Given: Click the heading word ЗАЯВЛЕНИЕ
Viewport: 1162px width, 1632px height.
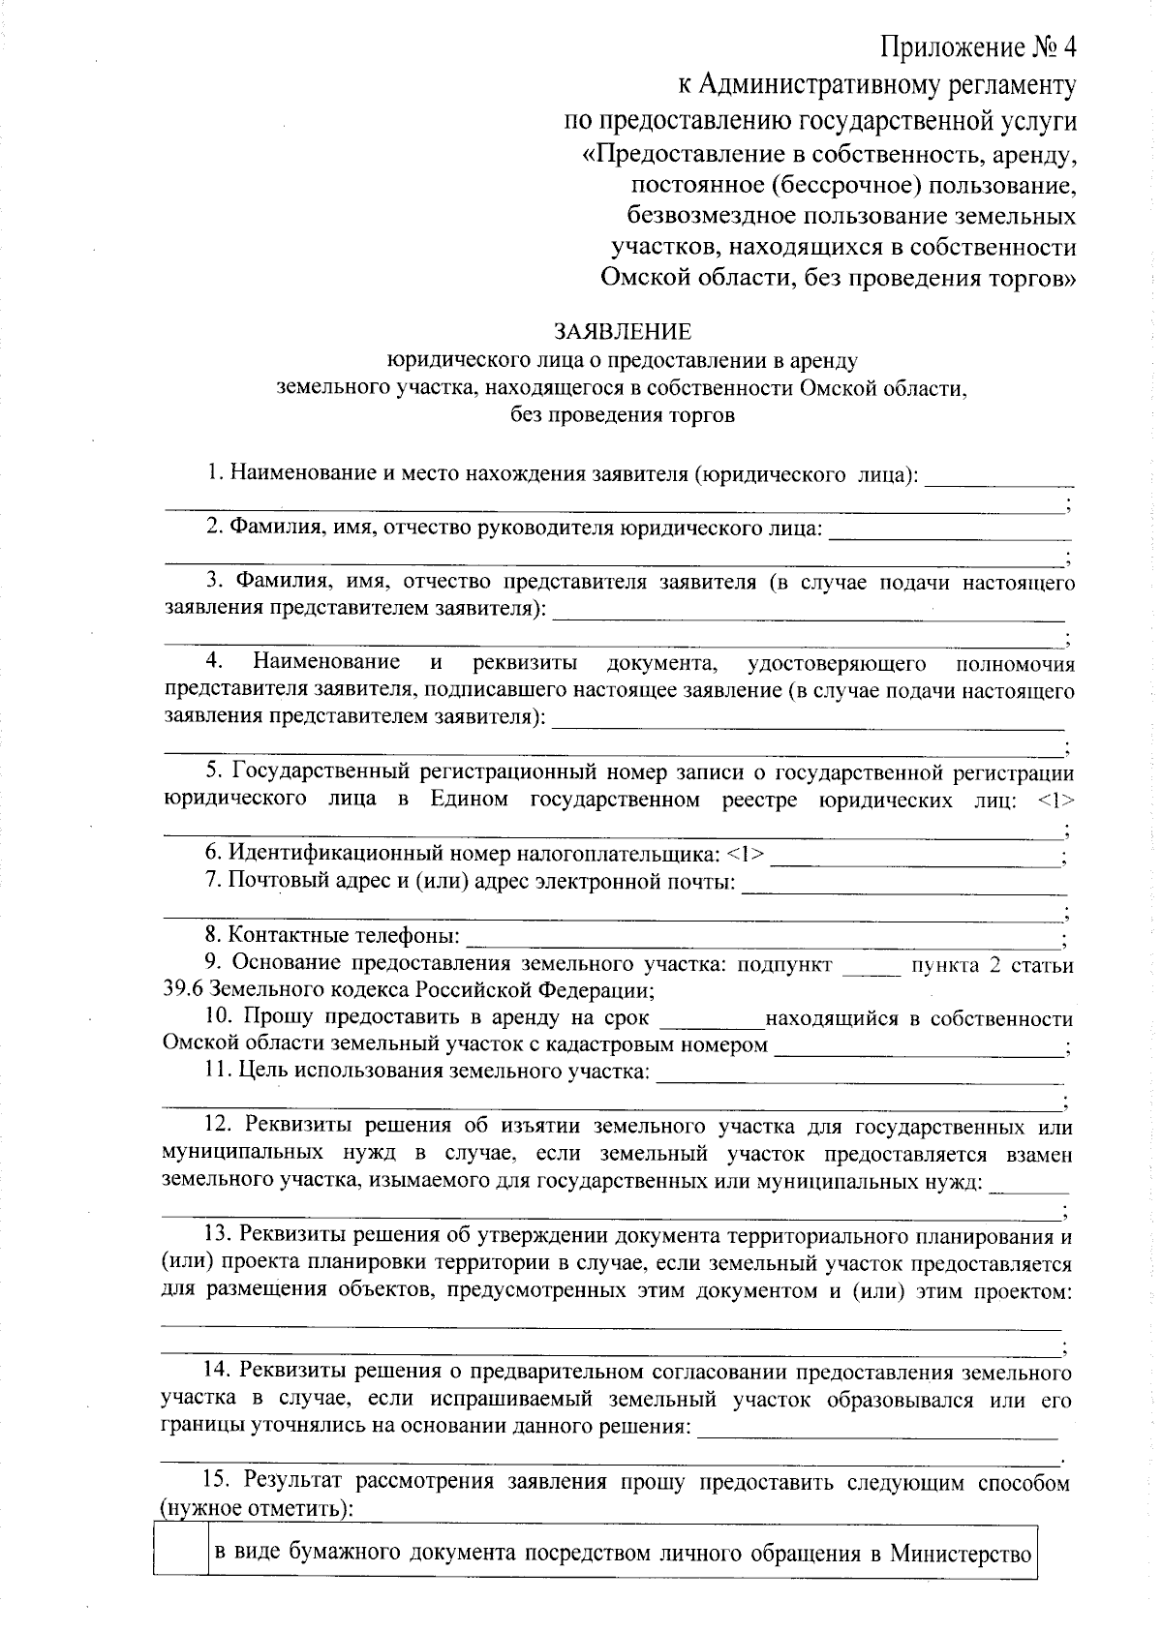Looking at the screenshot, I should tap(623, 332).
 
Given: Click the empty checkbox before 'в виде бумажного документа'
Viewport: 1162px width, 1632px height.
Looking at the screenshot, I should tap(181, 1555).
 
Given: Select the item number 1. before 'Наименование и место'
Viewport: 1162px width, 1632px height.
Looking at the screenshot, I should tap(215, 474).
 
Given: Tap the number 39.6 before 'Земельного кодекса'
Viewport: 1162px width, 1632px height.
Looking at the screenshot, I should tap(184, 990).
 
